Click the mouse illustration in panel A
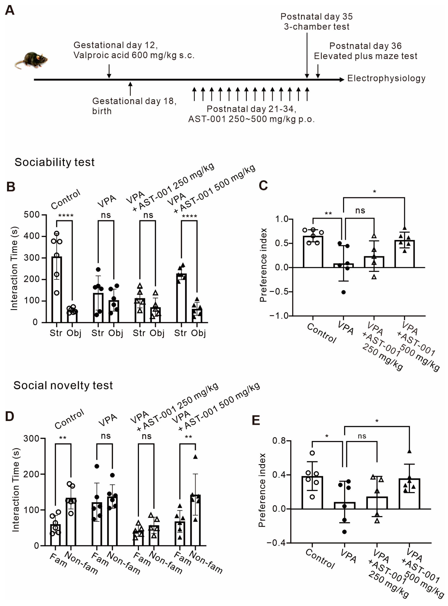pos(31,60)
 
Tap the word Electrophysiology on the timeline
pos(386,79)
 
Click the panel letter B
pos(11,187)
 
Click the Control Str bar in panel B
pos(57,289)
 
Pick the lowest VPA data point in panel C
pos(343,292)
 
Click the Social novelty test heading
pos(63,385)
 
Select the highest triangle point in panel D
pos(195,457)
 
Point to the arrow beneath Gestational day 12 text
pos(109,71)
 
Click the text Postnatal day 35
pos(316,17)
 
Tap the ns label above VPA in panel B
pos(106,215)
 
